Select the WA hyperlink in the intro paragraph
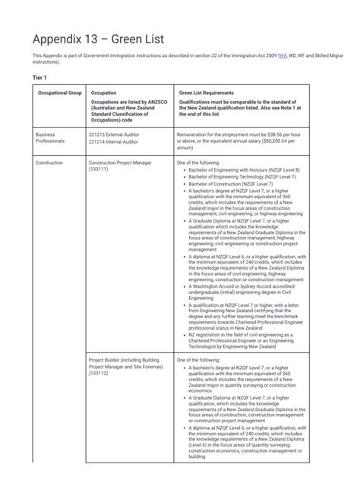point(283,55)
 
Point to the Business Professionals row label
point(50,138)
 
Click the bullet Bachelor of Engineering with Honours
point(243,170)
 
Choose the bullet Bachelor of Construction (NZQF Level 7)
point(233,185)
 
